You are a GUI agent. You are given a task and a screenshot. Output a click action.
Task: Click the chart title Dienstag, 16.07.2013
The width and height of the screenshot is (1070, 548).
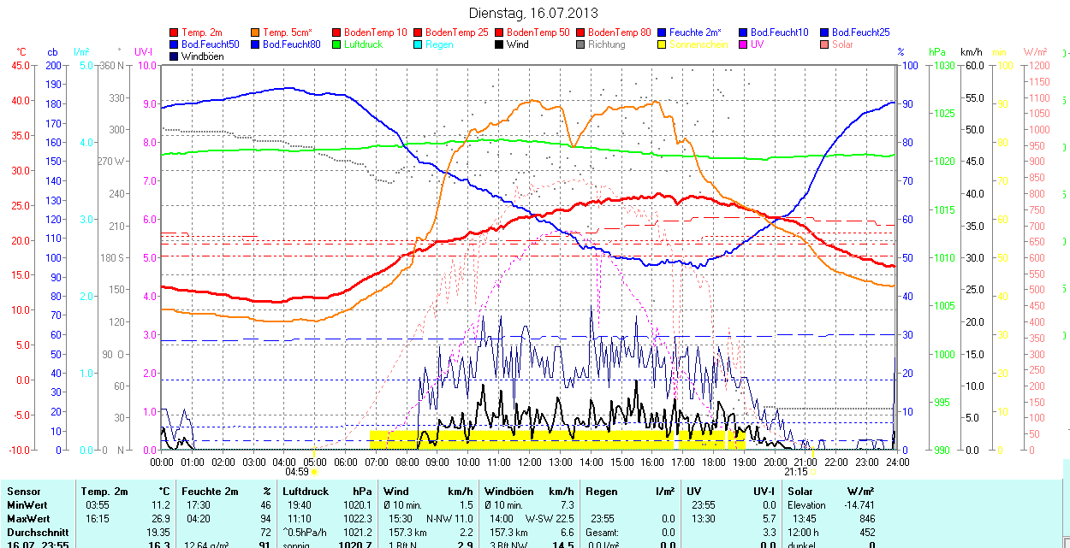[x=533, y=13]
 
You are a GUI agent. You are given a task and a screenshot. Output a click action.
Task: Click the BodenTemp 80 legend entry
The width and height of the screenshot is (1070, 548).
[x=619, y=32]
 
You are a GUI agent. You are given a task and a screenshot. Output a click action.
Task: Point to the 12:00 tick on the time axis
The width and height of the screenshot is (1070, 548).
[x=529, y=462]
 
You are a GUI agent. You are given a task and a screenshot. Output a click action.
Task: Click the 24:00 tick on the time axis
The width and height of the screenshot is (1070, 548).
[x=896, y=462]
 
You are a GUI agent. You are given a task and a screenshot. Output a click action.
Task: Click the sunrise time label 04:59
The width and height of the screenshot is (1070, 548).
[x=296, y=471]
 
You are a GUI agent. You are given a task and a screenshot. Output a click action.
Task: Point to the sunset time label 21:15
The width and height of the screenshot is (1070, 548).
[x=795, y=471]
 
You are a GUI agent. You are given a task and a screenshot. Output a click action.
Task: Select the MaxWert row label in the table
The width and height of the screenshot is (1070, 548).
[x=27, y=519]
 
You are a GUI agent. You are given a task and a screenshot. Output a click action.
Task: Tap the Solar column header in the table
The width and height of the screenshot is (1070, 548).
[x=800, y=492]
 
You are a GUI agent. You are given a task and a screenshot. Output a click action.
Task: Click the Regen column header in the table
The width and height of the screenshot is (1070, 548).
[x=602, y=492]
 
